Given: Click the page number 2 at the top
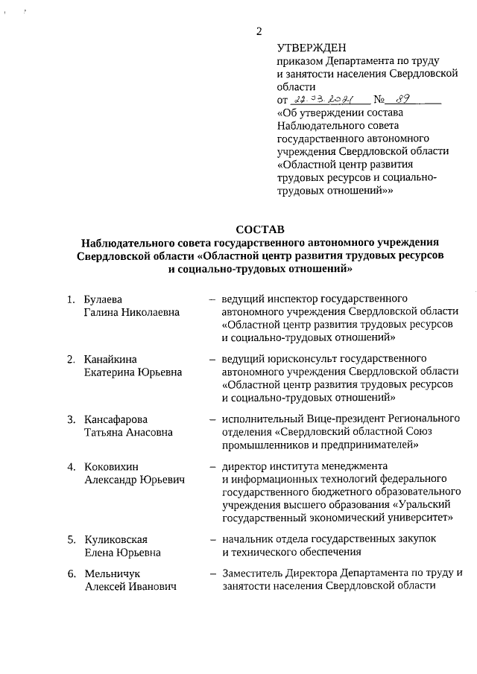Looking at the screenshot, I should coord(259,31).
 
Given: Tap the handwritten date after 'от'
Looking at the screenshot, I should coord(322,99).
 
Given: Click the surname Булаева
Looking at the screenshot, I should coord(103,299).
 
